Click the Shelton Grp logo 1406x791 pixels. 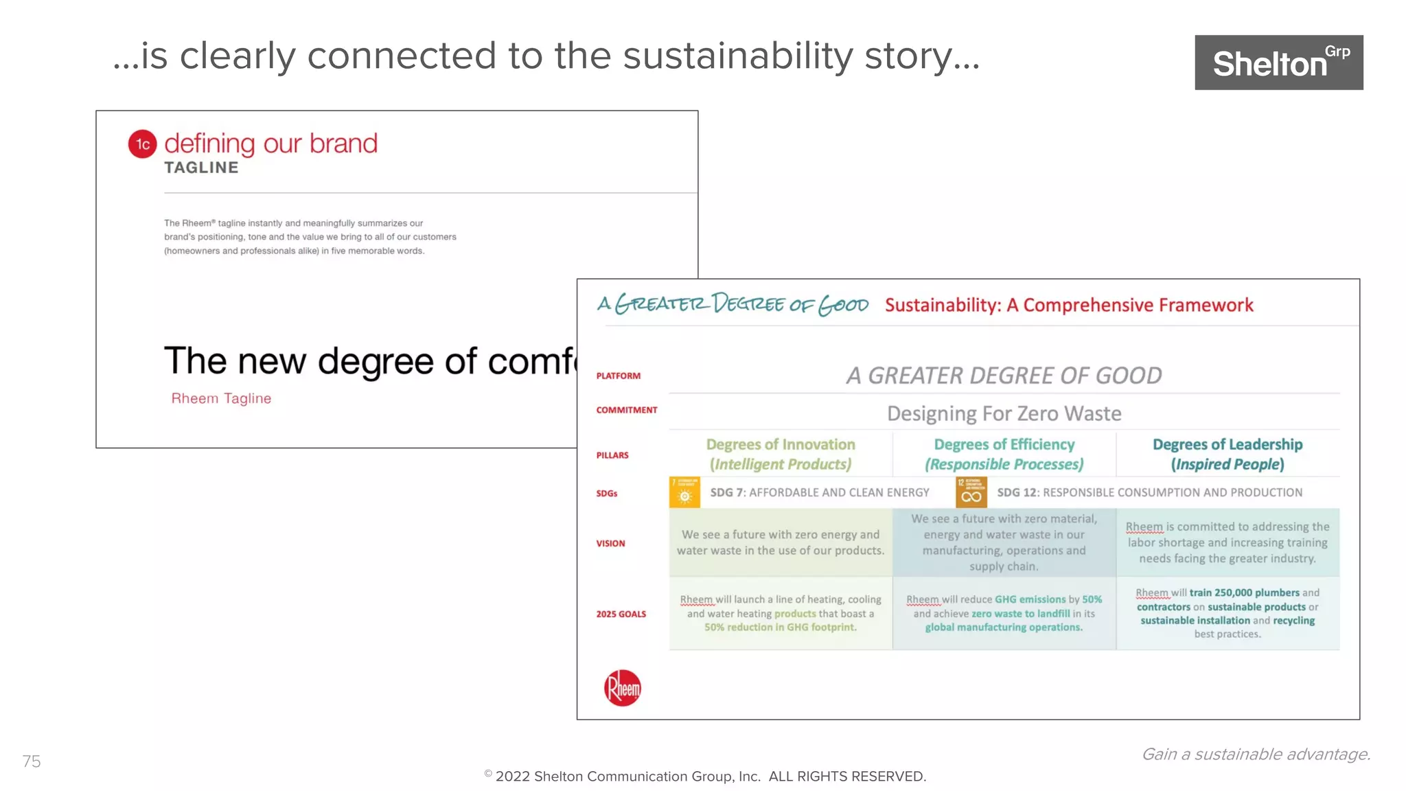pos(1278,62)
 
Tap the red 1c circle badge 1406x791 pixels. pos(143,144)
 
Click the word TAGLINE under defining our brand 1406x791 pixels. pos(201,168)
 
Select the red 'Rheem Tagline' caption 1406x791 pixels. pos(221,398)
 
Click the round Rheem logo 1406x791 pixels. pos(623,687)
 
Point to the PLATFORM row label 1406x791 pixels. pos(618,376)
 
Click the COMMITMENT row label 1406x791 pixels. pos(626,410)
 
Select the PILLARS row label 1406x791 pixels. pos(612,455)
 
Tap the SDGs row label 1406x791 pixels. pos(607,493)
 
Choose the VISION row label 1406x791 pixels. pos(610,543)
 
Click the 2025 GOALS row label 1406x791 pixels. pos(621,614)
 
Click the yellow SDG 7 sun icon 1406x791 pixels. pos(684,492)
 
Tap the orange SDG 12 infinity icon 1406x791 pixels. pos(971,492)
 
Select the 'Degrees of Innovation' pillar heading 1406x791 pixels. pos(781,445)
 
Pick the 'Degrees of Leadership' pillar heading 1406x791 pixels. pos(1228,445)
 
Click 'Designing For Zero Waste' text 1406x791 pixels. pos(1004,413)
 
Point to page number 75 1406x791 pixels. pos(32,761)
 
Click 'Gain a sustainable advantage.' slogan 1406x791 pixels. pos(1256,754)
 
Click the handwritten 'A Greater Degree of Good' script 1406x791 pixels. pos(733,304)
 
